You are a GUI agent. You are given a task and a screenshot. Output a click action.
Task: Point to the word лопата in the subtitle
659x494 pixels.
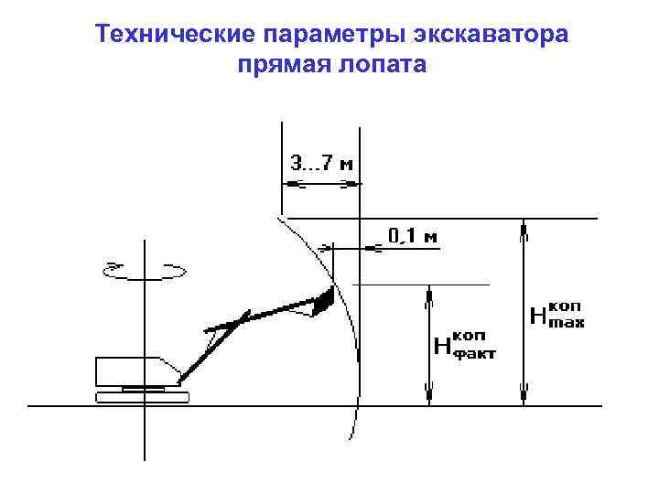(385, 66)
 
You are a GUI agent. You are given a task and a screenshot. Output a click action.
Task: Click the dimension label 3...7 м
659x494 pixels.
(321, 166)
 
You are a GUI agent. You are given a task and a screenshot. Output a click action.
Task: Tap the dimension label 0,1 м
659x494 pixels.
(413, 236)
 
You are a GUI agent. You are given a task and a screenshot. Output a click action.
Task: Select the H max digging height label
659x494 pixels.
(557, 314)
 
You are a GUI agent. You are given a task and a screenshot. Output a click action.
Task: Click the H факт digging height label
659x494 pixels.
(463, 344)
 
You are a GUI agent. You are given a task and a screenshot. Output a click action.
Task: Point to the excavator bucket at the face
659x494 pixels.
(322, 302)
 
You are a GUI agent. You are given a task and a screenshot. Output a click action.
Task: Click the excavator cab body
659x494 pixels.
(134, 371)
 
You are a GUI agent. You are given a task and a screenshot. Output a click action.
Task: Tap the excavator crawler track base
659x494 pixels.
(142, 396)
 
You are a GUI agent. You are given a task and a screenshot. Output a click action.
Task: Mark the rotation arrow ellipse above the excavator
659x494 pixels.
(146, 270)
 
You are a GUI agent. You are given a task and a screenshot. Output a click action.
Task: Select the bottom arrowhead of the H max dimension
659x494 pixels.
(524, 395)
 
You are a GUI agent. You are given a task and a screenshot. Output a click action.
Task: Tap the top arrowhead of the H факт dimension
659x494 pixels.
(428, 293)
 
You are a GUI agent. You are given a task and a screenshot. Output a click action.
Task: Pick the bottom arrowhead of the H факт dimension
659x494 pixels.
(428, 395)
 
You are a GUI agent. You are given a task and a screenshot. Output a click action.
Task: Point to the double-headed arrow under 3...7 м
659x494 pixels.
(319, 185)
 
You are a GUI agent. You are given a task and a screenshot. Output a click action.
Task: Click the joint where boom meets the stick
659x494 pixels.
(243, 317)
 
